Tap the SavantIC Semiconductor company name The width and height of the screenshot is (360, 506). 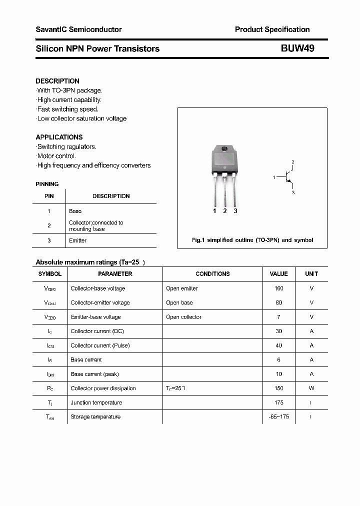click(x=78, y=29)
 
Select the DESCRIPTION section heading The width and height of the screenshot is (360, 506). click(x=57, y=81)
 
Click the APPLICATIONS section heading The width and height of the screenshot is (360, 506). click(x=59, y=137)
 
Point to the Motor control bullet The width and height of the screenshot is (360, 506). click(x=56, y=156)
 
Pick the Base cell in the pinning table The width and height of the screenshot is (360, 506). click(x=75, y=211)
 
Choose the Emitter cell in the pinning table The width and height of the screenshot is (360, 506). click(x=77, y=240)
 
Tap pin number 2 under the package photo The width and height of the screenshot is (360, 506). click(x=225, y=211)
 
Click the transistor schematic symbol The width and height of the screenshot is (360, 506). click(x=287, y=177)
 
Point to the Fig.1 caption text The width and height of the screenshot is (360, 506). click(x=252, y=240)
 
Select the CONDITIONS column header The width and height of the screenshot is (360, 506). click(x=212, y=274)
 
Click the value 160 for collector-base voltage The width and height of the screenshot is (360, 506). click(x=278, y=288)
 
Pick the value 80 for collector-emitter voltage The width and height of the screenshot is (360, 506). click(x=278, y=302)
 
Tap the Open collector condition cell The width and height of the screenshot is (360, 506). click(x=183, y=317)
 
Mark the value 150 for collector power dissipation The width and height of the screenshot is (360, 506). click(x=278, y=388)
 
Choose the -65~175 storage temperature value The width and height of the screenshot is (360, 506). click(x=278, y=417)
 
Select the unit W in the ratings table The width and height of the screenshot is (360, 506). click(x=311, y=388)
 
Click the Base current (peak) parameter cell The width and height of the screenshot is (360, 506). click(x=94, y=374)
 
